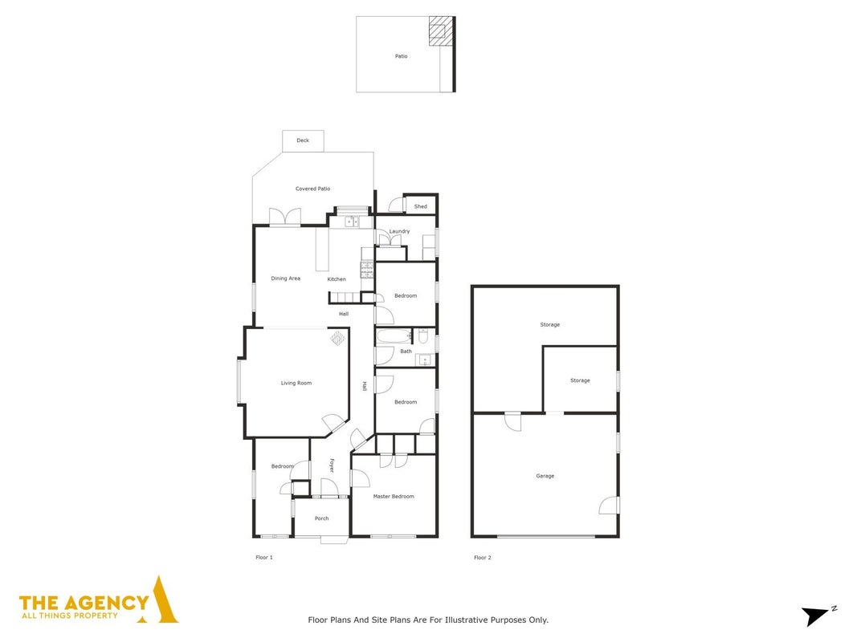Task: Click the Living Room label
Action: [296, 384]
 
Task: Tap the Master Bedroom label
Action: [394, 497]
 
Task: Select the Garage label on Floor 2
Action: [545, 476]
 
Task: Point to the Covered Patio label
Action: [312, 189]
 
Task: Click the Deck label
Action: [303, 140]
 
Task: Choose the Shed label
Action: [420, 206]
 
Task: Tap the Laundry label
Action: [399, 231]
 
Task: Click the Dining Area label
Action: [285, 278]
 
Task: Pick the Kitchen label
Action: [336, 279]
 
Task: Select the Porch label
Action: [321, 518]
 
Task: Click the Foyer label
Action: [331, 465]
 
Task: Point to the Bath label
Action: [406, 351]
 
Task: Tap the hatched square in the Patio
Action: [441, 30]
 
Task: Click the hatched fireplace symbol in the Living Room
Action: [338, 338]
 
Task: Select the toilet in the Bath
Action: [423, 335]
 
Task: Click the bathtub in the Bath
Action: [394, 335]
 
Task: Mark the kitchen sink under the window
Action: [352, 221]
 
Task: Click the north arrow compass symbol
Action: [817, 616]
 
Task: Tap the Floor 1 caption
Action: [264, 558]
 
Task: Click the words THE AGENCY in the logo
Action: [84, 603]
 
